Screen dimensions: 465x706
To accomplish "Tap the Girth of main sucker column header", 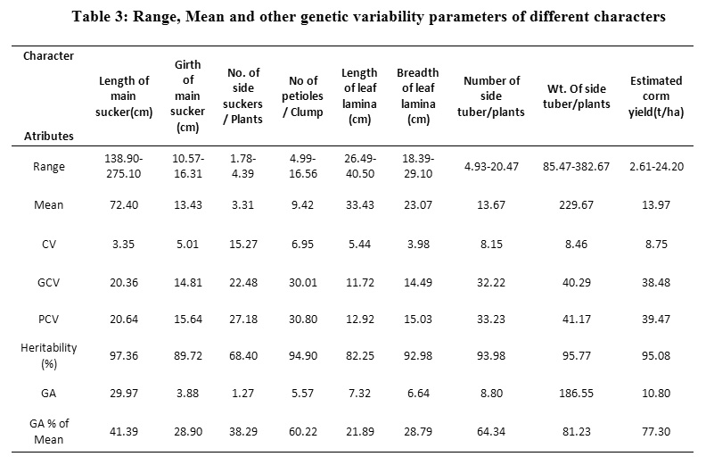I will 187,95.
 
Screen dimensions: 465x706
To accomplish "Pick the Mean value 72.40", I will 124,204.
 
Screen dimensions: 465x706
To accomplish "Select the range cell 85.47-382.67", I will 579,167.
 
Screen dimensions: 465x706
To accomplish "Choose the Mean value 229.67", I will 579,204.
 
